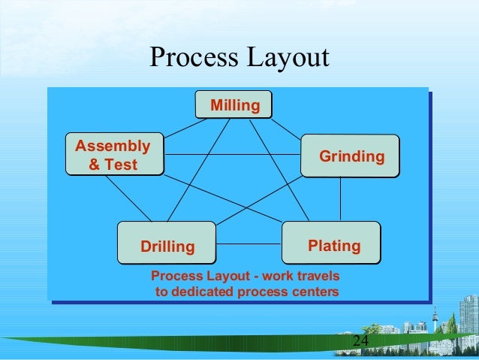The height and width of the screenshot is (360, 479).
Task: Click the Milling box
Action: [233, 105]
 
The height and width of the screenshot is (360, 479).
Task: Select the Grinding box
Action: [351, 156]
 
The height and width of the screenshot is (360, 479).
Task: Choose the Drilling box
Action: [167, 245]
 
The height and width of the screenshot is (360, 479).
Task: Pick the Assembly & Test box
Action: [113, 154]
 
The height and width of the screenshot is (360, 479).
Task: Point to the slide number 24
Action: [360, 343]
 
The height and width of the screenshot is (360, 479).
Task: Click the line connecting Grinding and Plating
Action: [341, 199]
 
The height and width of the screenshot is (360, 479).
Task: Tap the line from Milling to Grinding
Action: [287, 127]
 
